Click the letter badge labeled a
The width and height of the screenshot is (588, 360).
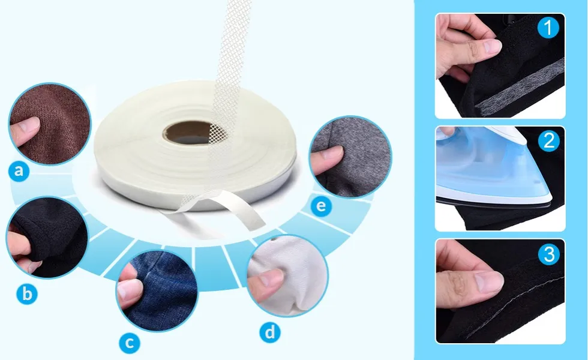[x=19, y=172]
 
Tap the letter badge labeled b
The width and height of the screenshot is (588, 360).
[x=27, y=293]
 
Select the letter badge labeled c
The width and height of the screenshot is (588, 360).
[x=130, y=343]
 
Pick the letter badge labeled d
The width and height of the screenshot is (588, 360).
[x=270, y=332]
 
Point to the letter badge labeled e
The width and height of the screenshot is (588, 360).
[x=321, y=206]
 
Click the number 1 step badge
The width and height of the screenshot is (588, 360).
[x=548, y=28]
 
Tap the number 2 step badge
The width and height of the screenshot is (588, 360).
[x=548, y=140]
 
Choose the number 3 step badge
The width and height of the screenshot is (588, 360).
[x=548, y=254]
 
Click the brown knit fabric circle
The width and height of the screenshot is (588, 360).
[x=49, y=124]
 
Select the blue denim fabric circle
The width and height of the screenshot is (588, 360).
[x=157, y=291]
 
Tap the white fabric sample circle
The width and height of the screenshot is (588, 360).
[x=287, y=275]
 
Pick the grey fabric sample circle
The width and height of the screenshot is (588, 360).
[x=350, y=157]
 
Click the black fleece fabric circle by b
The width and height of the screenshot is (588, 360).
[x=47, y=238]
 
